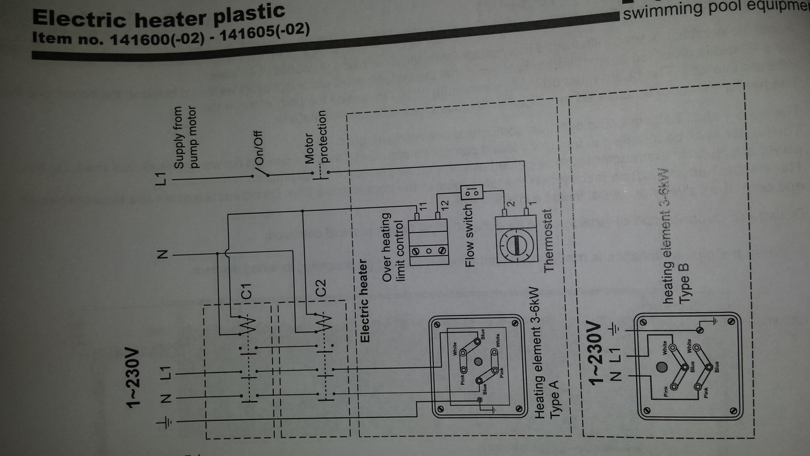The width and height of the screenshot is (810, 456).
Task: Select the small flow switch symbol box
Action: (470, 191)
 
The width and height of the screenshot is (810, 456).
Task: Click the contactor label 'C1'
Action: (247, 291)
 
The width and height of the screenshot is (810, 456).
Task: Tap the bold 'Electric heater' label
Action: (364, 301)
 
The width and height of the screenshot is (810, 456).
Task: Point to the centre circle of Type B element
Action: (662, 367)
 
